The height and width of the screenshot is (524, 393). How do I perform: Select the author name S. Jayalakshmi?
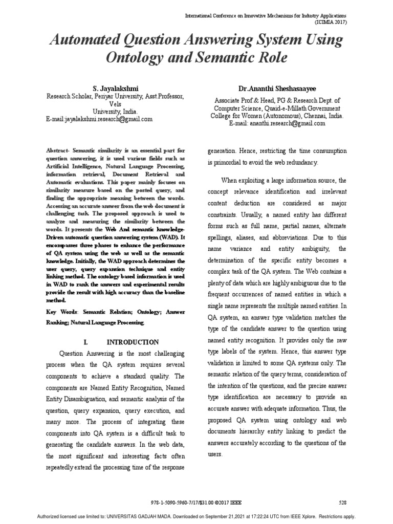coord(115,88)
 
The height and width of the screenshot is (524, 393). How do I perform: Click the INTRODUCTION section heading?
coord(133,342)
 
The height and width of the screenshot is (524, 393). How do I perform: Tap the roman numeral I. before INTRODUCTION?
coord(85,342)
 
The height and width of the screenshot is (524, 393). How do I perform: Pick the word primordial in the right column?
coord(228,163)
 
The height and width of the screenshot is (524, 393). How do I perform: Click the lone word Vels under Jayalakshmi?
coord(115,103)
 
